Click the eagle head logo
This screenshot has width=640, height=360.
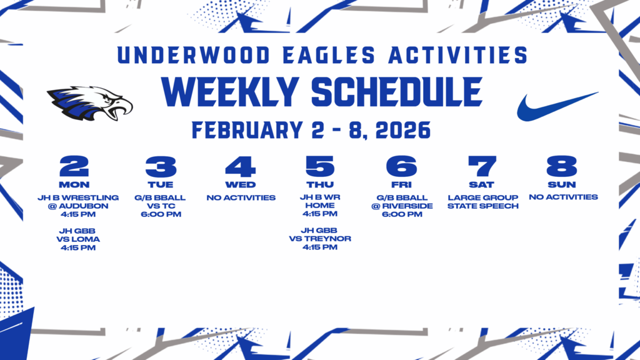(x=90, y=104)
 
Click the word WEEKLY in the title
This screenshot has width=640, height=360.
(x=230, y=92)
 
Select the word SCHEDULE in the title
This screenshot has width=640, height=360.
(x=397, y=92)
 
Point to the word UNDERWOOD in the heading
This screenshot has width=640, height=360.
(x=194, y=55)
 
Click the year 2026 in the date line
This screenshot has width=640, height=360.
(x=403, y=130)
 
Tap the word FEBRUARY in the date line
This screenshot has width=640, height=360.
(x=247, y=130)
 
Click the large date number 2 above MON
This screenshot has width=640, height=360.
(x=74, y=166)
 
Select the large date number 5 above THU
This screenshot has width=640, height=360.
(x=320, y=166)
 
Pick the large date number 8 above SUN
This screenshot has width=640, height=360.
(x=562, y=166)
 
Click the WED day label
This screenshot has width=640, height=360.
(x=241, y=185)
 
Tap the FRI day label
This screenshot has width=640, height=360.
(x=402, y=185)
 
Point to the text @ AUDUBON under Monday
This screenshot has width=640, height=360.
(x=78, y=206)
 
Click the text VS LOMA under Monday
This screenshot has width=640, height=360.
(x=78, y=239)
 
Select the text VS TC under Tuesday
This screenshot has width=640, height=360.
(x=161, y=206)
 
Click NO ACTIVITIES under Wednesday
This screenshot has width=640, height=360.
(x=241, y=198)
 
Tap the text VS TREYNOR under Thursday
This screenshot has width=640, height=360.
(x=320, y=239)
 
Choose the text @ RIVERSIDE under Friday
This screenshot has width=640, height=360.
(x=402, y=206)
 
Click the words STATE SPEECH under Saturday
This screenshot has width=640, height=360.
(x=483, y=206)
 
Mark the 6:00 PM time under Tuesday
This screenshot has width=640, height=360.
(x=161, y=214)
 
